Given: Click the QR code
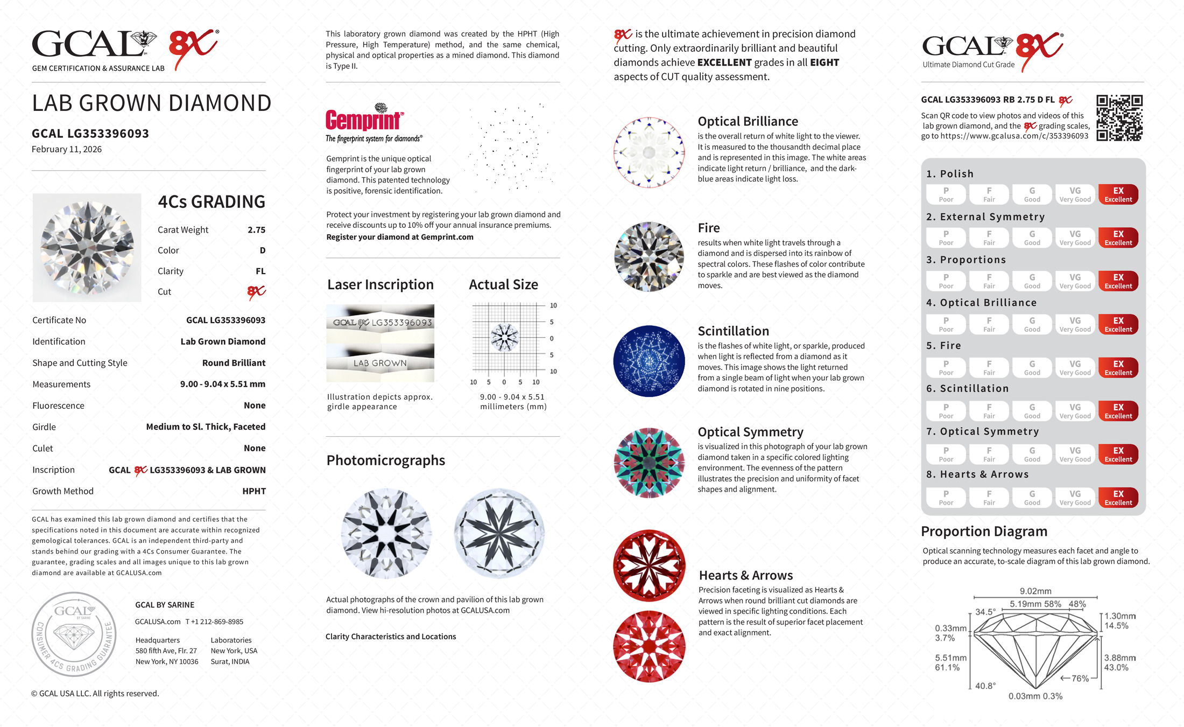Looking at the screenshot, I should coord(1119,118).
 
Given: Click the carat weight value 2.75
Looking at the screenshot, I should coord(256,230).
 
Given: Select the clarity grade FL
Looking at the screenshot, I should coord(260,271).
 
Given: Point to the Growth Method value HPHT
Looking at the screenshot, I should coord(254,491).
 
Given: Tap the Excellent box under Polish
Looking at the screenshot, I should coord(1118,194).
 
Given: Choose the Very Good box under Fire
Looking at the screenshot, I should coord(1075,368).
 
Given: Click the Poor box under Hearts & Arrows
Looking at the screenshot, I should coord(946,498).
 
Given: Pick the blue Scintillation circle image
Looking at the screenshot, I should coord(649,361).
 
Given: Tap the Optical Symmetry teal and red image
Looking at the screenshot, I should coord(649,463).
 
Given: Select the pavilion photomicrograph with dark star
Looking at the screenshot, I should coord(499,533).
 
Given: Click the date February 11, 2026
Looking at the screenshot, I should coord(67,150).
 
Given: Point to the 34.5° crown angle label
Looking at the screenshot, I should coord(985,612).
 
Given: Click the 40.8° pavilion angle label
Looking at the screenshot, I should coord(985,686).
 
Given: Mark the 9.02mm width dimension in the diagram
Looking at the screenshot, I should coord(1035,591).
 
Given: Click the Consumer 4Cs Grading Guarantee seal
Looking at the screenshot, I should coord(74,634).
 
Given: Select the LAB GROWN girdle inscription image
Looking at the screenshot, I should coord(380,363).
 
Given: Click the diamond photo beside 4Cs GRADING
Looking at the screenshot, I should coord(87,248).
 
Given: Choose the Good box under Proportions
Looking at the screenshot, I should coord(1032,281).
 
